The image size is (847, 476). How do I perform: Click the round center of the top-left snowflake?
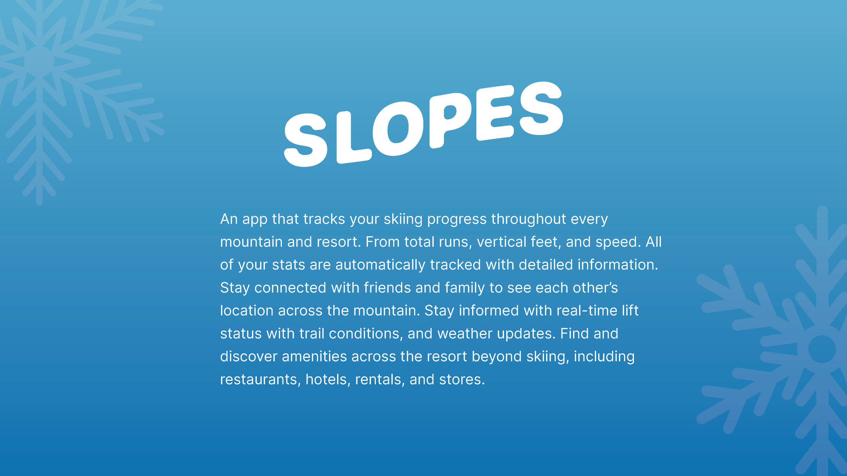[x=39, y=62]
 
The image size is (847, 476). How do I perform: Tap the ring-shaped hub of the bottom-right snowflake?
[x=821, y=349]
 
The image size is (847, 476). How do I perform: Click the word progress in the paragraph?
[x=457, y=219]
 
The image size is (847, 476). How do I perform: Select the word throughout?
[x=528, y=219]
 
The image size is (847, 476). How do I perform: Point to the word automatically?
[x=380, y=265]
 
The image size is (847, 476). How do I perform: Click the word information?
[x=617, y=265]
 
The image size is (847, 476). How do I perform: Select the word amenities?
[x=314, y=356]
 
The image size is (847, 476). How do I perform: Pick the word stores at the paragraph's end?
[x=462, y=380]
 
